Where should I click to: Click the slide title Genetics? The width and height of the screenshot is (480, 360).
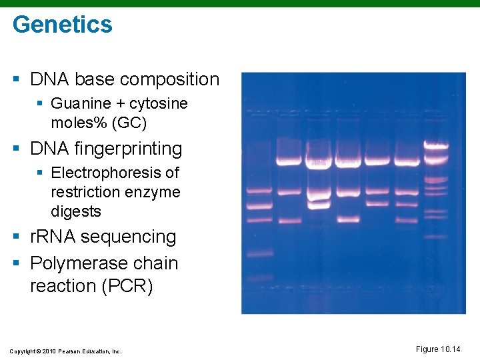[x=63, y=25]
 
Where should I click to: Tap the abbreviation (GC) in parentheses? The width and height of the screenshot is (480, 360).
[x=133, y=123]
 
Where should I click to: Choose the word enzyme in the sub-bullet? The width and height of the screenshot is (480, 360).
[x=157, y=192]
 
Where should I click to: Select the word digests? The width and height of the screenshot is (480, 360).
[x=76, y=211]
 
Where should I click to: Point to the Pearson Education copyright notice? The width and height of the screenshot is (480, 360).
[x=65, y=351]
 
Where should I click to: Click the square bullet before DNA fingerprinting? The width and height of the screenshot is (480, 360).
[x=16, y=149]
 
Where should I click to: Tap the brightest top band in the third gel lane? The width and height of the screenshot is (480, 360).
[x=319, y=161]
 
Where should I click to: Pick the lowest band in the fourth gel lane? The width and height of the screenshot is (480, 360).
[x=348, y=219]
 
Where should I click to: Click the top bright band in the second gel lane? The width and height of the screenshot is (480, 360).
[x=289, y=161]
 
